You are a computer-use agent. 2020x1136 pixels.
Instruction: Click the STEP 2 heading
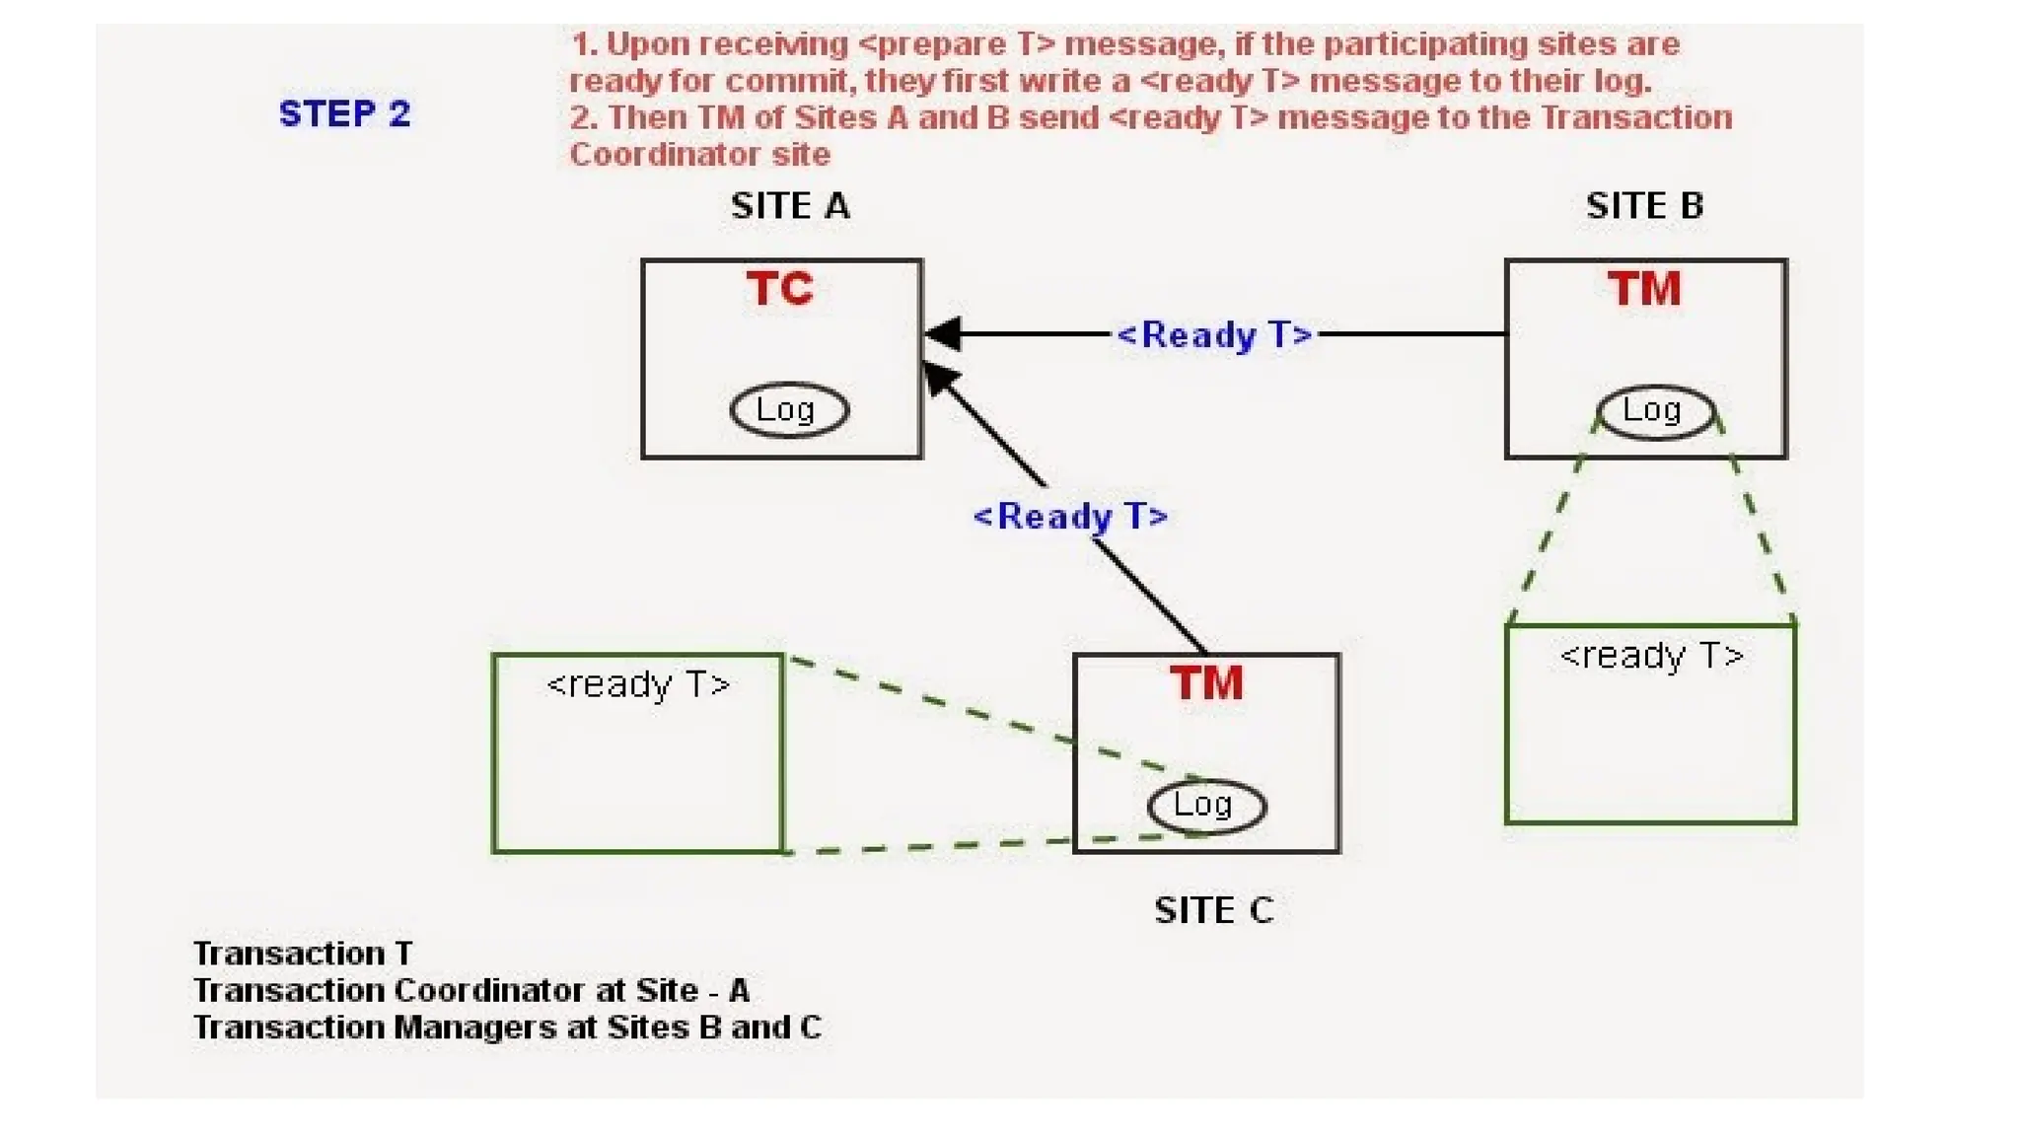(x=344, y=114)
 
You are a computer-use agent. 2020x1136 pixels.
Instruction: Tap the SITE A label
(x=790, y=206)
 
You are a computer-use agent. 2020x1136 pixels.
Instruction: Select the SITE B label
(x=1644, y=206)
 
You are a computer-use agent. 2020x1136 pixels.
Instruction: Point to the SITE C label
(x=1213, y=910)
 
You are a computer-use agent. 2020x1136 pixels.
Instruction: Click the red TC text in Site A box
(x=780, y=289)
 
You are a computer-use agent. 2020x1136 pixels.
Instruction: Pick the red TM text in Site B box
(x=1644, y=289)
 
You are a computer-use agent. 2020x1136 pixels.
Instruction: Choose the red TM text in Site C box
(x=1206, y=683)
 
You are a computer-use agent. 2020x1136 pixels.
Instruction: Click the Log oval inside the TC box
(x=788, y=409)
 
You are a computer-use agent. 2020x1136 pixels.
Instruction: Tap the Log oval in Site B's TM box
(x=1654, y=410)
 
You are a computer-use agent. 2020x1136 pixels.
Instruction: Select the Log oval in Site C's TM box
(x=1205, y=806)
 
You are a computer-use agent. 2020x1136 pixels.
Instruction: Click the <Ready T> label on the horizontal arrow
(x=1213, y=335)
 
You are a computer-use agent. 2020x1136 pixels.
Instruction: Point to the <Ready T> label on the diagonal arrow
(x=1070, y=517)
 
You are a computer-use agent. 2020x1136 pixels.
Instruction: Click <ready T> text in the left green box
(x=638, y=684)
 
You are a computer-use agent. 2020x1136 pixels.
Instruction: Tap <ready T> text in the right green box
(x=1651, y=656)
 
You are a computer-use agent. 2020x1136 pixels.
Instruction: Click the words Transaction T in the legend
(x=303, y=954)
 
